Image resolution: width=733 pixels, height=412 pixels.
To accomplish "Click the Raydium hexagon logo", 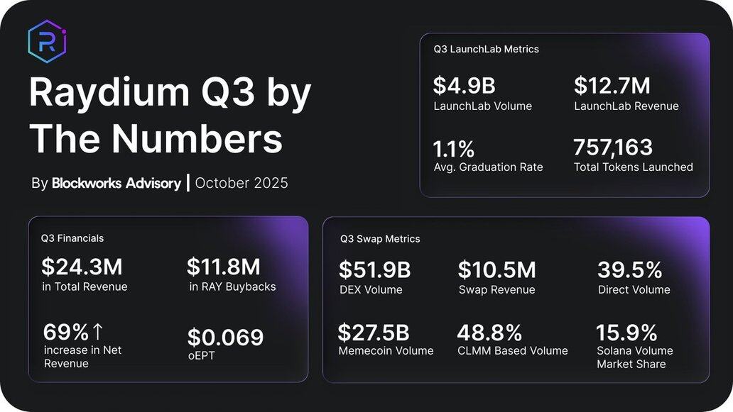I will click(47, 42).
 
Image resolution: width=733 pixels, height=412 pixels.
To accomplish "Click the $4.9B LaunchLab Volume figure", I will click(465, 86).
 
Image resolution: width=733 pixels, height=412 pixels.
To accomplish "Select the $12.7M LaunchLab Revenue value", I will click(612, 86).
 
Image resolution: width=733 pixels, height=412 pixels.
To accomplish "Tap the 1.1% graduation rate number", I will click(454, 149).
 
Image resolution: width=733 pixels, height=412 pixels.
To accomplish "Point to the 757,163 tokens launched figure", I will click(613, 147).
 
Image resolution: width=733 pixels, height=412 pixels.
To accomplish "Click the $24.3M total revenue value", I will click(82, 267).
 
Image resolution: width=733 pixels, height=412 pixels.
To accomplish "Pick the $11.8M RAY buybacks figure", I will click(224, 267).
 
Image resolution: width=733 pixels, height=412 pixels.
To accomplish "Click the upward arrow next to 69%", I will click(98, 331).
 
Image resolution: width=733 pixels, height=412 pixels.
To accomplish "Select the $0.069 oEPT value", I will click(225, 337).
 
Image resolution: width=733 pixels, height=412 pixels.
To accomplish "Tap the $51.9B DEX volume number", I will click(374, 270).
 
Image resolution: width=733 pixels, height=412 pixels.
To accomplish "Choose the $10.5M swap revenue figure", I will click(496, 270).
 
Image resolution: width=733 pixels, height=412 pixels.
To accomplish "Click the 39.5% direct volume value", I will click(629, 270).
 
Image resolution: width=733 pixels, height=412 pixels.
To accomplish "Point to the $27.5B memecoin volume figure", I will click(374, 332).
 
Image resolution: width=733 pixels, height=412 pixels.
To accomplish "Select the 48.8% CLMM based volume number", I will click(489, 332).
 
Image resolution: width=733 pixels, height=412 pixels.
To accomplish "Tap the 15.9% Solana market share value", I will click(626, 332).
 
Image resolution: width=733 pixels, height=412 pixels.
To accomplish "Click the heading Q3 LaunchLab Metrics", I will click(486, 49).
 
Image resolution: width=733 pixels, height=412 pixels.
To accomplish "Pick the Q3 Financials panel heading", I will click(72, 238).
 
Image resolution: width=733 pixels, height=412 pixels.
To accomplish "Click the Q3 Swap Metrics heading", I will click(380, 239).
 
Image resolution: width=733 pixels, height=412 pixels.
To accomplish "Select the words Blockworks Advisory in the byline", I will click(116, 183).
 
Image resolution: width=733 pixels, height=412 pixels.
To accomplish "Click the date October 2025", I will click(241, 183).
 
